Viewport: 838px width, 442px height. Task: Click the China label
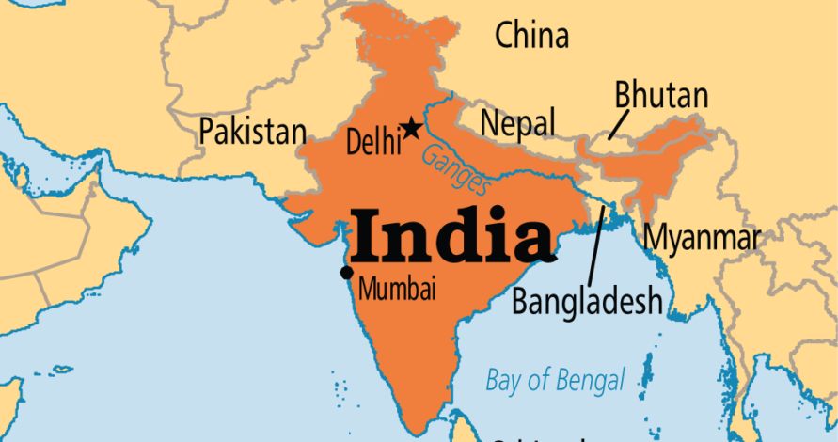(x=531, y=36)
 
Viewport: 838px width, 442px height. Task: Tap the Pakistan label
(x=252, y=131)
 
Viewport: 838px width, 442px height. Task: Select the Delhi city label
(x=372, y=143)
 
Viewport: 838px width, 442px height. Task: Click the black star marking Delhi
(x=411, y=127)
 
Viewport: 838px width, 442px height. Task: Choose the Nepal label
(x=517, y=122)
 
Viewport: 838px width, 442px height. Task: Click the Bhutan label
(x=661, y=94)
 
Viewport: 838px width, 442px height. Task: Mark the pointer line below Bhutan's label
(x=618, y=124)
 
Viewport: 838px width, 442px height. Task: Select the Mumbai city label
(x=397, y=289)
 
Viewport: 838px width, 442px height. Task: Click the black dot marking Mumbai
(x=346, y=273)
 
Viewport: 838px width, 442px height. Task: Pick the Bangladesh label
(x=587, y=301)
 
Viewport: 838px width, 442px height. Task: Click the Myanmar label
(x=701, y=237)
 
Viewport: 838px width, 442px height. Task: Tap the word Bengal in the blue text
(x=588, y=381)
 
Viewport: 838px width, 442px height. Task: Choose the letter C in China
(x=505, y=36)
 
